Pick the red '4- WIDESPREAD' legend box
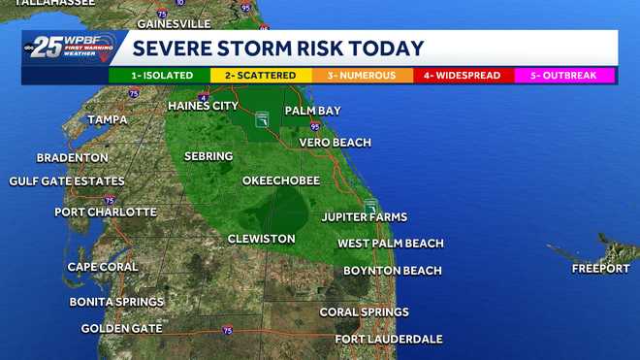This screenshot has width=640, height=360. pos(464,75)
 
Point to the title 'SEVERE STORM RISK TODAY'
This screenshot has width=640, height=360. pos(278,49)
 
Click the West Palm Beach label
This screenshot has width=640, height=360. pos(390,244)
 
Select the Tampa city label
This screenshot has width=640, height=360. pos(108,119)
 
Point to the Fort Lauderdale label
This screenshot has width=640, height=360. pos(389,339)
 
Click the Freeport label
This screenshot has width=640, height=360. pos(600,268)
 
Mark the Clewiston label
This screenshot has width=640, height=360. pos(261,239)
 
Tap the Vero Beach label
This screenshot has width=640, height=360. pos(336,143)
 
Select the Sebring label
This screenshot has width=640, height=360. pos(208,156)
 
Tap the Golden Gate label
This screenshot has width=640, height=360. pos(121,329)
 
